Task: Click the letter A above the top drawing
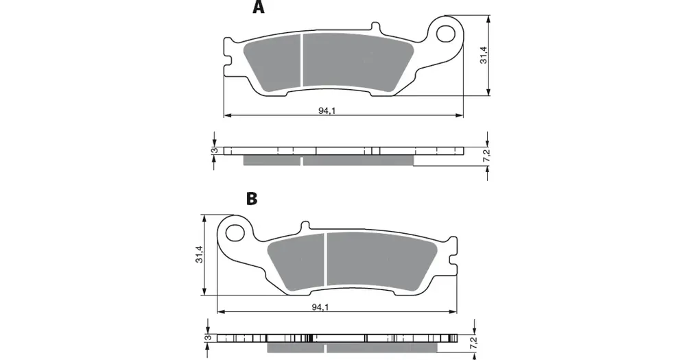tap(259, 7)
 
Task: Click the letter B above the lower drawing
tap(252, 199)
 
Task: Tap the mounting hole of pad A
tap(447, 33)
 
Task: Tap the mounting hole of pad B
tap(235, 232)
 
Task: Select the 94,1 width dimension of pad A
tap(327, 110)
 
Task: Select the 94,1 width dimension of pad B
tap(320, 307)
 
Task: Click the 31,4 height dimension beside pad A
tap(484, 55)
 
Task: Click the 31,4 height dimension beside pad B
tap(199, 254)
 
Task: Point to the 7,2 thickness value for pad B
tap(473, 342)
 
